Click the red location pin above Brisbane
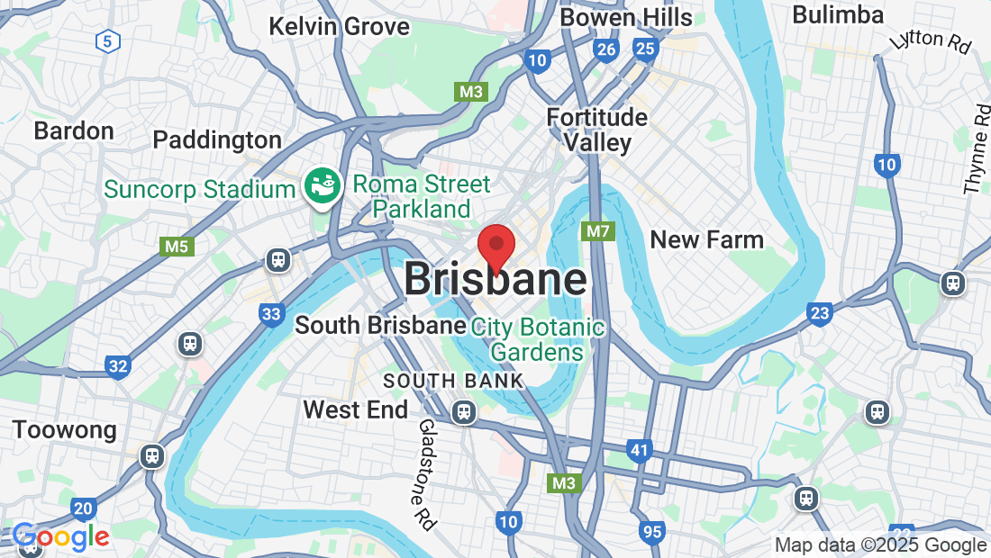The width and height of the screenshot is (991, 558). pos(495,246)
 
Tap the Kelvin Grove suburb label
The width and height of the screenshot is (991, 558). pos(339,26)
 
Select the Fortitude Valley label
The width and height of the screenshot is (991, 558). pos(596,130)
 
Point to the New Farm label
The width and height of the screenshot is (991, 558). pos(706,240)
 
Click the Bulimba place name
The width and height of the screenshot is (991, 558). pos(838,15)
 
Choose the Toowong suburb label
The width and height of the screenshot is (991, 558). pos(64,429)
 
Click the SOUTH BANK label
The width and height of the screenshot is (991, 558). pos(453,381)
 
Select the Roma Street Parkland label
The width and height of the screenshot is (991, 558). pos(422,196)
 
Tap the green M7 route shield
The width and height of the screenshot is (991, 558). pos(598,231)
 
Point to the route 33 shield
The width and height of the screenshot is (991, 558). pos(271,314)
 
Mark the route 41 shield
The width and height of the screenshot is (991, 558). pos(640,450)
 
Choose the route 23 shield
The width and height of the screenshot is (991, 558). pos(820,313)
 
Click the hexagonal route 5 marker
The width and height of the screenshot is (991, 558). pos(108,40)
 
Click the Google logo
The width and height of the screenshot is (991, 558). pos(61,537)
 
